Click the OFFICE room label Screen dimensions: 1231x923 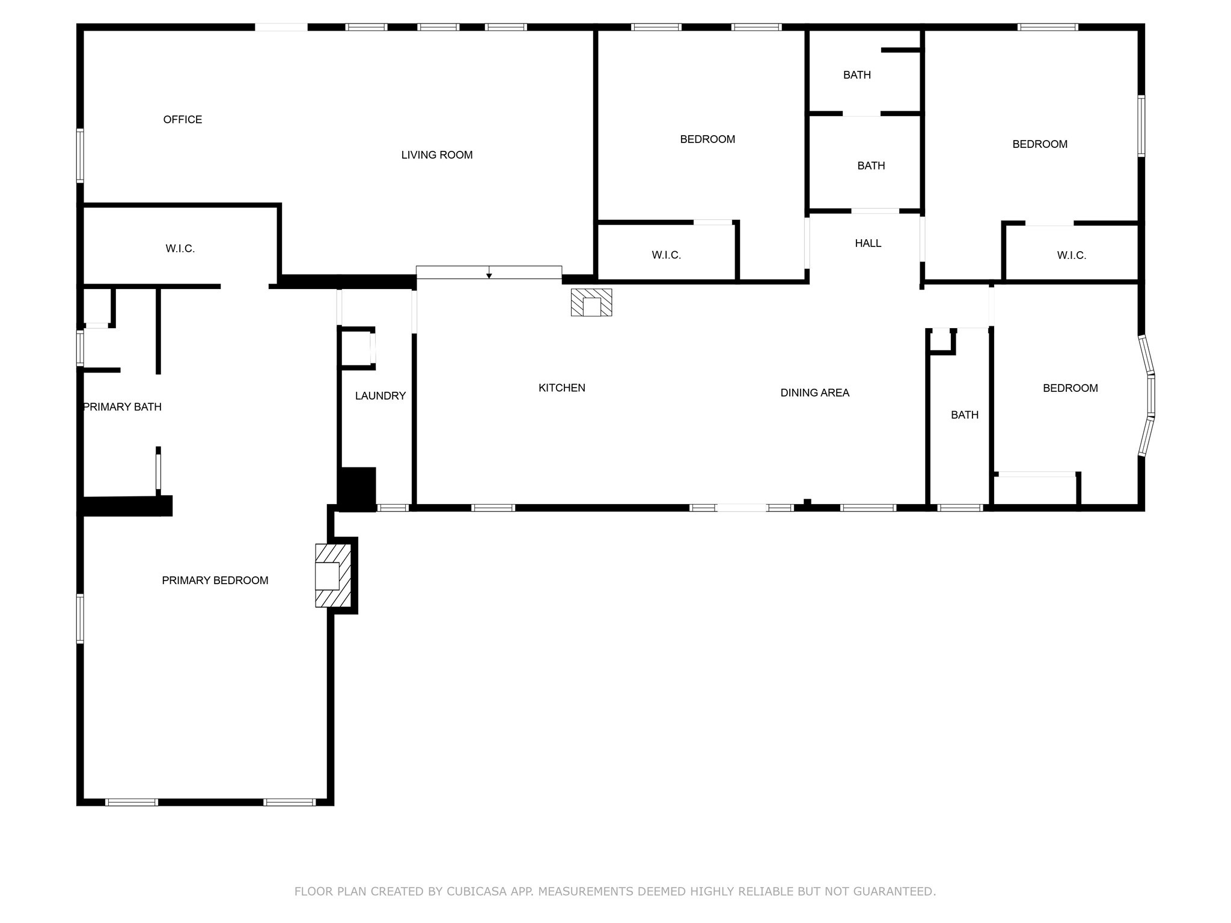pos(183,120)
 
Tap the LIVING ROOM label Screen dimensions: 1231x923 pos(437,155)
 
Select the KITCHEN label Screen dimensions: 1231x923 pos(562,388)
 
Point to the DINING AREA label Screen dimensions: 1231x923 pos(815,393)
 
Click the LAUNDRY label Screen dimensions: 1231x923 pos(380,396)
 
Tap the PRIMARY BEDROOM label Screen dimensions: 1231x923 pos(215,580)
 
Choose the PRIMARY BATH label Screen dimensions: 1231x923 pos(123,407)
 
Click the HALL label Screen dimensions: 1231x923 pos(868,243)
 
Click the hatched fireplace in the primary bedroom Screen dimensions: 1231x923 pos(333,576)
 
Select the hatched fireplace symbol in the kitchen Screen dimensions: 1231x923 pos(591,302)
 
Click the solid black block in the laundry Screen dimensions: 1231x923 pos(357,489)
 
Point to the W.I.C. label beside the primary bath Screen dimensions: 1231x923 pos(180,249)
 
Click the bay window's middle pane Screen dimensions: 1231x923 pos(1150,395)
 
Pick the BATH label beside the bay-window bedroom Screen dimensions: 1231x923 pos(965,415)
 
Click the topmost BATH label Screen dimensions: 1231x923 pos(857,75)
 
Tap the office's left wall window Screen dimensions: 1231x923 pos(80,155)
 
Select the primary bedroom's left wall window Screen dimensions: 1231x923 pos(80,618)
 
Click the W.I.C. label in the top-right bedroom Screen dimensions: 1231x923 pos(1072,255)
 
